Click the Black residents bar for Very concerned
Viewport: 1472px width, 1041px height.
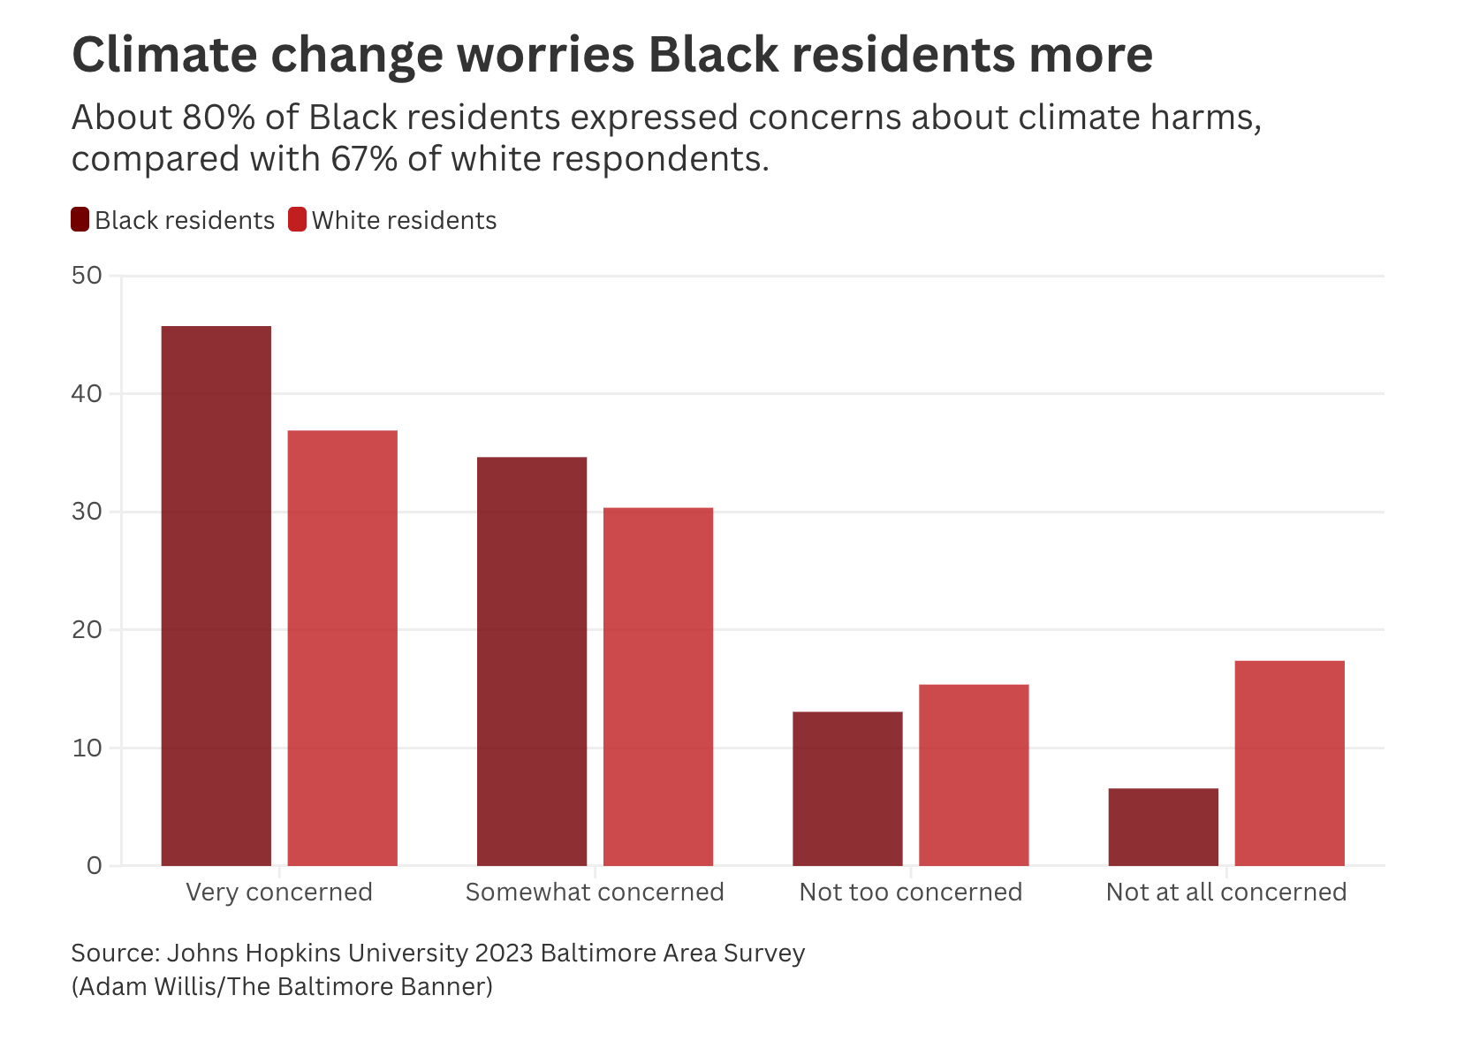[216, 596]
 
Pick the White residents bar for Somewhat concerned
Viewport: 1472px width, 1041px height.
[658, 687]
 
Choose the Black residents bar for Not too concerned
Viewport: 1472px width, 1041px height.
[847, 788]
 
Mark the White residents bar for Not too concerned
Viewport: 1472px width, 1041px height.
[974, 775]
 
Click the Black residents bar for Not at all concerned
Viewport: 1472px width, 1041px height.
[1163, 826]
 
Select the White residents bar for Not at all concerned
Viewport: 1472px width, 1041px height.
[1289, 763]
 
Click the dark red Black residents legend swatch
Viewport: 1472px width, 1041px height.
[80, 220]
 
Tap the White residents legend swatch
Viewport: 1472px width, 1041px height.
[298, 220]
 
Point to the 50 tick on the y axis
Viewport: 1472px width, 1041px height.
[87, 276]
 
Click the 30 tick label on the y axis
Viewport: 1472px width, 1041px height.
[87, 512]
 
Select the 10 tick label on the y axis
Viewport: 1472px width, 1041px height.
[87, 748]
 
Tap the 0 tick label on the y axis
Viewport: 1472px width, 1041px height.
[95, 866]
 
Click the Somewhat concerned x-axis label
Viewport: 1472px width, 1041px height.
[595, 892]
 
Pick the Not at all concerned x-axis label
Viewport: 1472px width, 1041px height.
[1226, 892]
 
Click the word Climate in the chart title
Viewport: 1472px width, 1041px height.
[165, 55]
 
